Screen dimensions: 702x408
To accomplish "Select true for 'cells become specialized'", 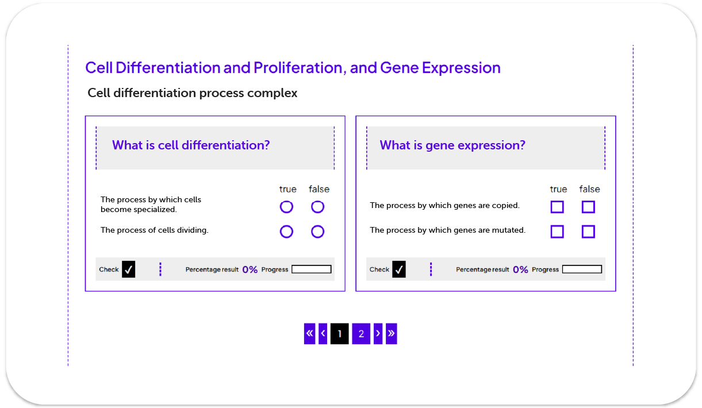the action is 286,207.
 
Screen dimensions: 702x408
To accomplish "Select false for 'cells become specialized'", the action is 317,207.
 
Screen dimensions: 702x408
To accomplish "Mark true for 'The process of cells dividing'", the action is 286,232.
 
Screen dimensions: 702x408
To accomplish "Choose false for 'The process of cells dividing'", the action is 317,232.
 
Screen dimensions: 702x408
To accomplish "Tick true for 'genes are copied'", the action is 557,207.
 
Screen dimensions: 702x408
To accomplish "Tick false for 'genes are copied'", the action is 588,207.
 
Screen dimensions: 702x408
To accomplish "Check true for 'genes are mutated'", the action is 557,232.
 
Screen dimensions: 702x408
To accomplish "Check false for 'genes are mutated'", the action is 588,232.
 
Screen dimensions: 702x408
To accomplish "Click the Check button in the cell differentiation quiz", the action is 128,270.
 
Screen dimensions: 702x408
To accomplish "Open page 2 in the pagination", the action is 361,334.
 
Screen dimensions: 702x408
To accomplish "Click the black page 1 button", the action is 339,334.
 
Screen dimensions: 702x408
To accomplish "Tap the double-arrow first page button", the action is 310,334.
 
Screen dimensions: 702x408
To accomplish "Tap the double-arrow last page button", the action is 392,334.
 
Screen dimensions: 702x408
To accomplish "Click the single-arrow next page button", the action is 378,334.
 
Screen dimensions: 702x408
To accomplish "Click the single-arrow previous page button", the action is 323,334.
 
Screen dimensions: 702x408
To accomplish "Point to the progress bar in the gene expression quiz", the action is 582,270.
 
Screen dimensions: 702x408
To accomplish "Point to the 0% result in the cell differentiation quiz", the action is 250,270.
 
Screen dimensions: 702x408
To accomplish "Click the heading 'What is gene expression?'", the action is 452,145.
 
